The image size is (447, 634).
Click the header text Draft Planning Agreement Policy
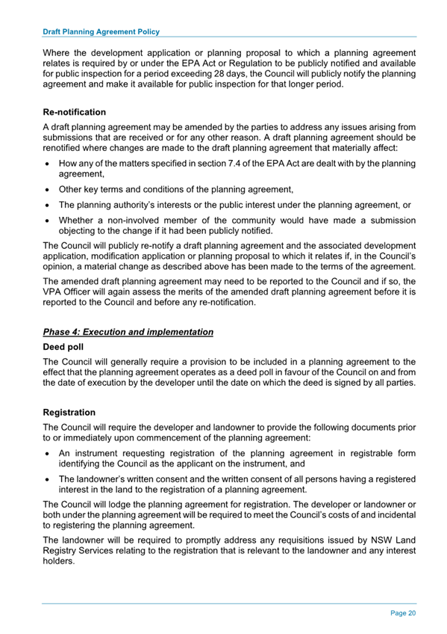click(x=101, y=32)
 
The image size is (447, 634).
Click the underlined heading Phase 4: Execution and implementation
click(x=128, y=331)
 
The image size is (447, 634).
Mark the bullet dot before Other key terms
click(x=49, y=189)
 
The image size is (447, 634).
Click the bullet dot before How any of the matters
click(x=49, y=162)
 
